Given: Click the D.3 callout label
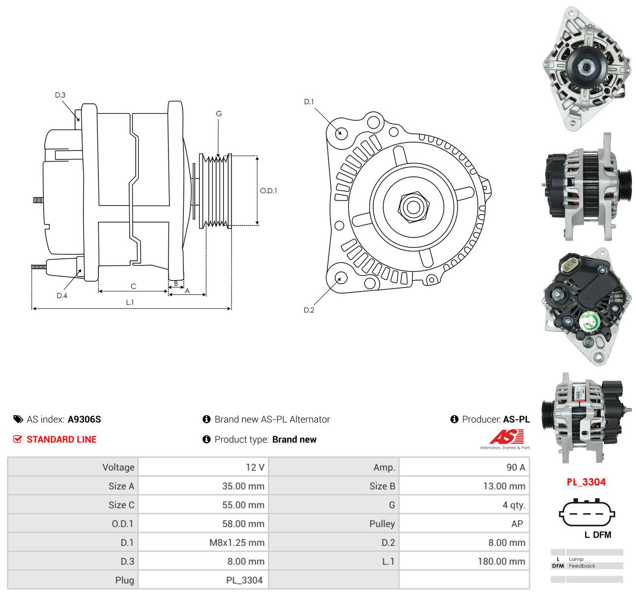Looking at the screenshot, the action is pyautogui.click(x=60, y=95).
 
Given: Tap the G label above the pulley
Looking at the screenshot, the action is pyautogui.click(x=219, y=114).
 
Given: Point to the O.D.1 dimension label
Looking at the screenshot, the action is pyautogui.click(x=268, y=191).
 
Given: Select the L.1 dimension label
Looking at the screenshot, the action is pyautogui.click(x=130, y=302).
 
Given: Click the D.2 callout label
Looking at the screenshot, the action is pyautogui.click(x=309, y=310).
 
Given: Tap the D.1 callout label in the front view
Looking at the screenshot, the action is pyautogui.click(x=309, y=102).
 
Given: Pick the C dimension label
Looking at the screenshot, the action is pyautogui.click(x=134, y=286).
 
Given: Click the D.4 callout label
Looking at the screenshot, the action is pyautogui.click(x=62, y=296).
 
